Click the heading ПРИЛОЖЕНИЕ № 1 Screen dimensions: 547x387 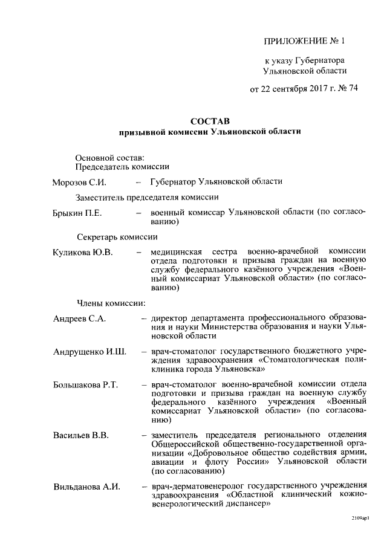[304, 42]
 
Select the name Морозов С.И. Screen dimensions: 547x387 [79, 182]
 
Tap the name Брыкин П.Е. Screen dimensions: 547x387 [77, 213]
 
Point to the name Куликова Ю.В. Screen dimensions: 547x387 [83, 251]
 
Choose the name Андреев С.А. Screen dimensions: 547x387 [79, 319]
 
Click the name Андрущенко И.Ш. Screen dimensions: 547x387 [89, 352]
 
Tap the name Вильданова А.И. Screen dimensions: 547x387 [87, 487]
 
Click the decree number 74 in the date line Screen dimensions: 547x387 [352, 88]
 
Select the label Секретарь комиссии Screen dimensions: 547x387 [117, 236]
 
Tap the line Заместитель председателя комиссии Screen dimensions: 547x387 [147, 197]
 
